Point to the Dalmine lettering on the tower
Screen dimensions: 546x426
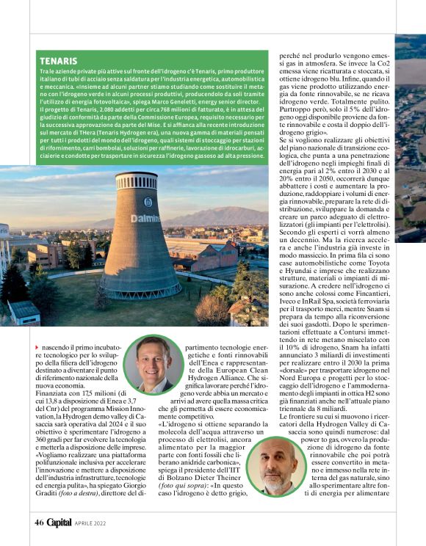tap(145, 219)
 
